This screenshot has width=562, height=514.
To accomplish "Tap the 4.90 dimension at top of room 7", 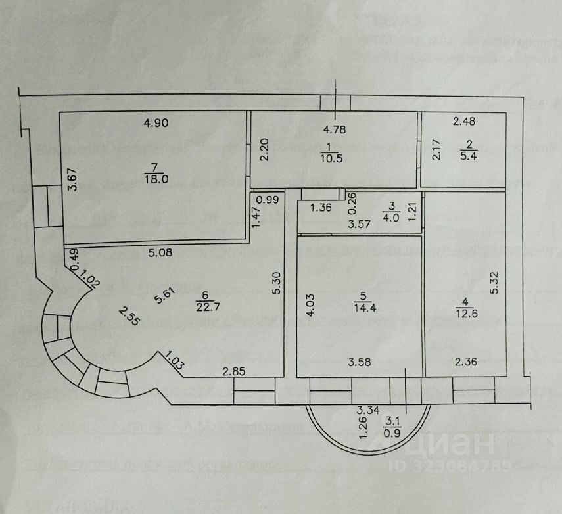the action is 157,122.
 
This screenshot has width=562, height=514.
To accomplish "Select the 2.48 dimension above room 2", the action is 463,120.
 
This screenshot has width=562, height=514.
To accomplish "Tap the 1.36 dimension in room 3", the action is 321,209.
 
